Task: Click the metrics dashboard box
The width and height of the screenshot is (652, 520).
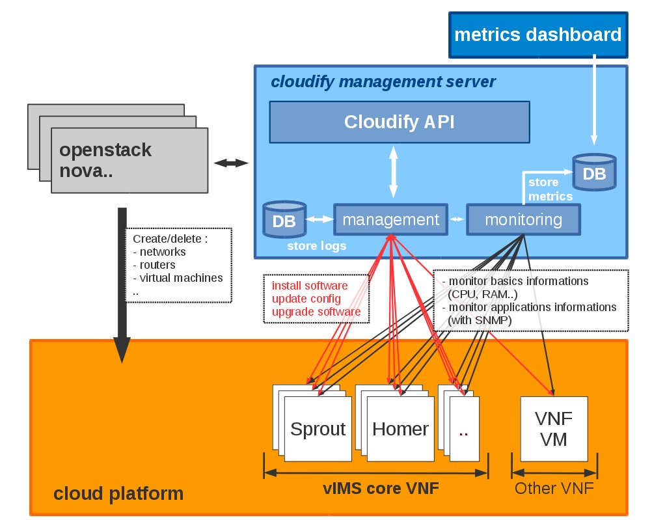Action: click(x=537, y=34)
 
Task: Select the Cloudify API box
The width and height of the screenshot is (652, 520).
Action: click(x=400, y=122)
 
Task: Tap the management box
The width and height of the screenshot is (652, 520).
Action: click(x=390, y=219)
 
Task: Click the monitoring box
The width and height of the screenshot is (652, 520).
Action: click(x=523, y=219)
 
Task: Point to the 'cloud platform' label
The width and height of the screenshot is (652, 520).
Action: click(x=118, y=493)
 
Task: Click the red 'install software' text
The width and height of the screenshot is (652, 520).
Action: click(x=310, y=286)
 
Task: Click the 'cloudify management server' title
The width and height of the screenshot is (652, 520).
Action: click(x=383, y=82)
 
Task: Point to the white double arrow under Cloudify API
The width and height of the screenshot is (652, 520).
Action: click(x=393, y=171)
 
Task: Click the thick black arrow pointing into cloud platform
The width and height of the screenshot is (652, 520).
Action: click(x=122, y=286)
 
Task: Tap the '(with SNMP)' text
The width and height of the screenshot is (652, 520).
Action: click(x=480, y=320)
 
